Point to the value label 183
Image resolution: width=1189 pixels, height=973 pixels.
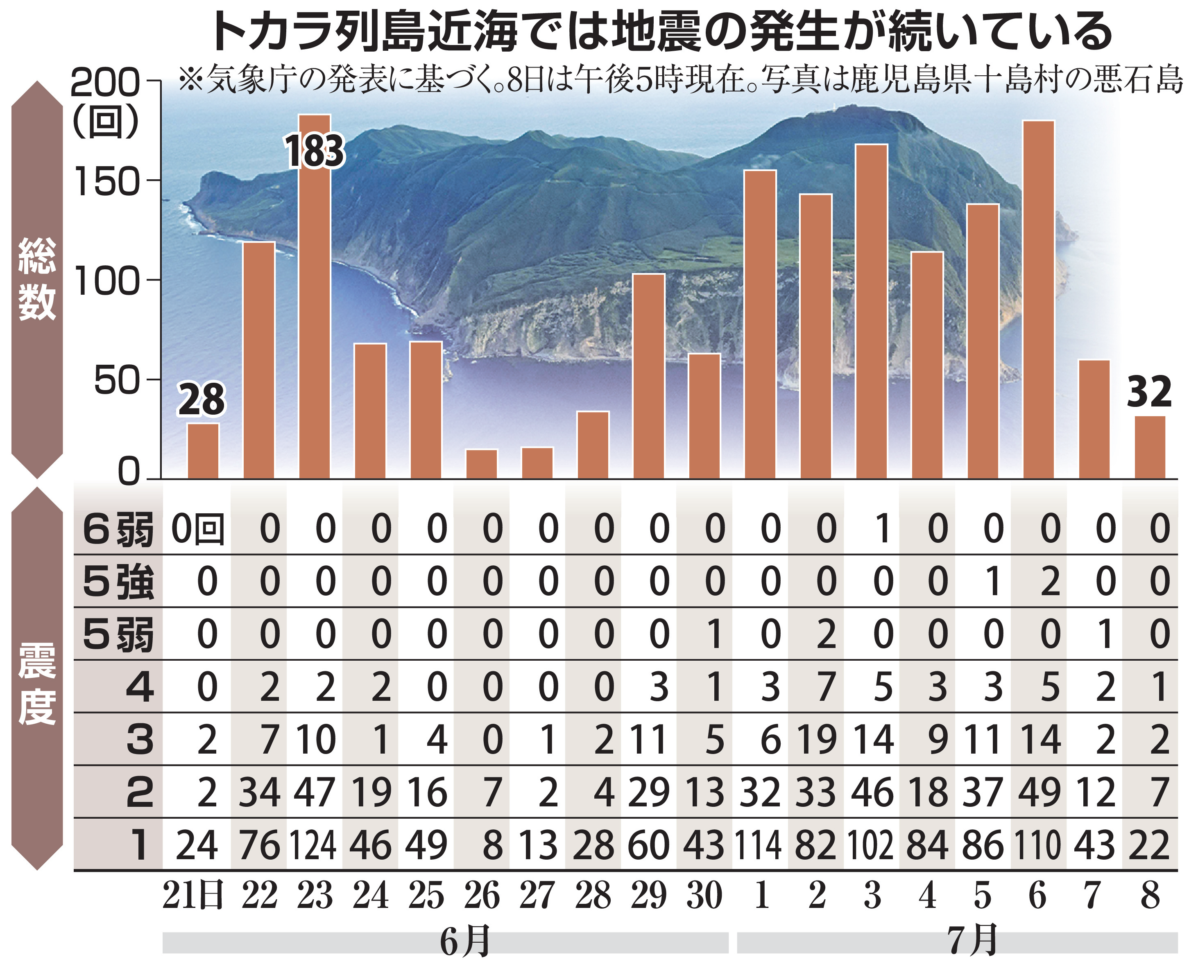(314, 151)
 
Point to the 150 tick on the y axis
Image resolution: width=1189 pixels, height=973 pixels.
(106, 181)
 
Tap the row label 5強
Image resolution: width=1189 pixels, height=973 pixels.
(118, 582)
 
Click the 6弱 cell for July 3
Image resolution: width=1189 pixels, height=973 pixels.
(882, 528)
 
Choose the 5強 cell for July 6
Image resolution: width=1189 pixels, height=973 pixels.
(1049, 581)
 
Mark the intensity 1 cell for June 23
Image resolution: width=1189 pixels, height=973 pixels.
(313, 845)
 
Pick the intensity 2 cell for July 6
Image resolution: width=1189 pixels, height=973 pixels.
(1039, 792)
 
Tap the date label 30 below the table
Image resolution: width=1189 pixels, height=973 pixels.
(704, 896)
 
